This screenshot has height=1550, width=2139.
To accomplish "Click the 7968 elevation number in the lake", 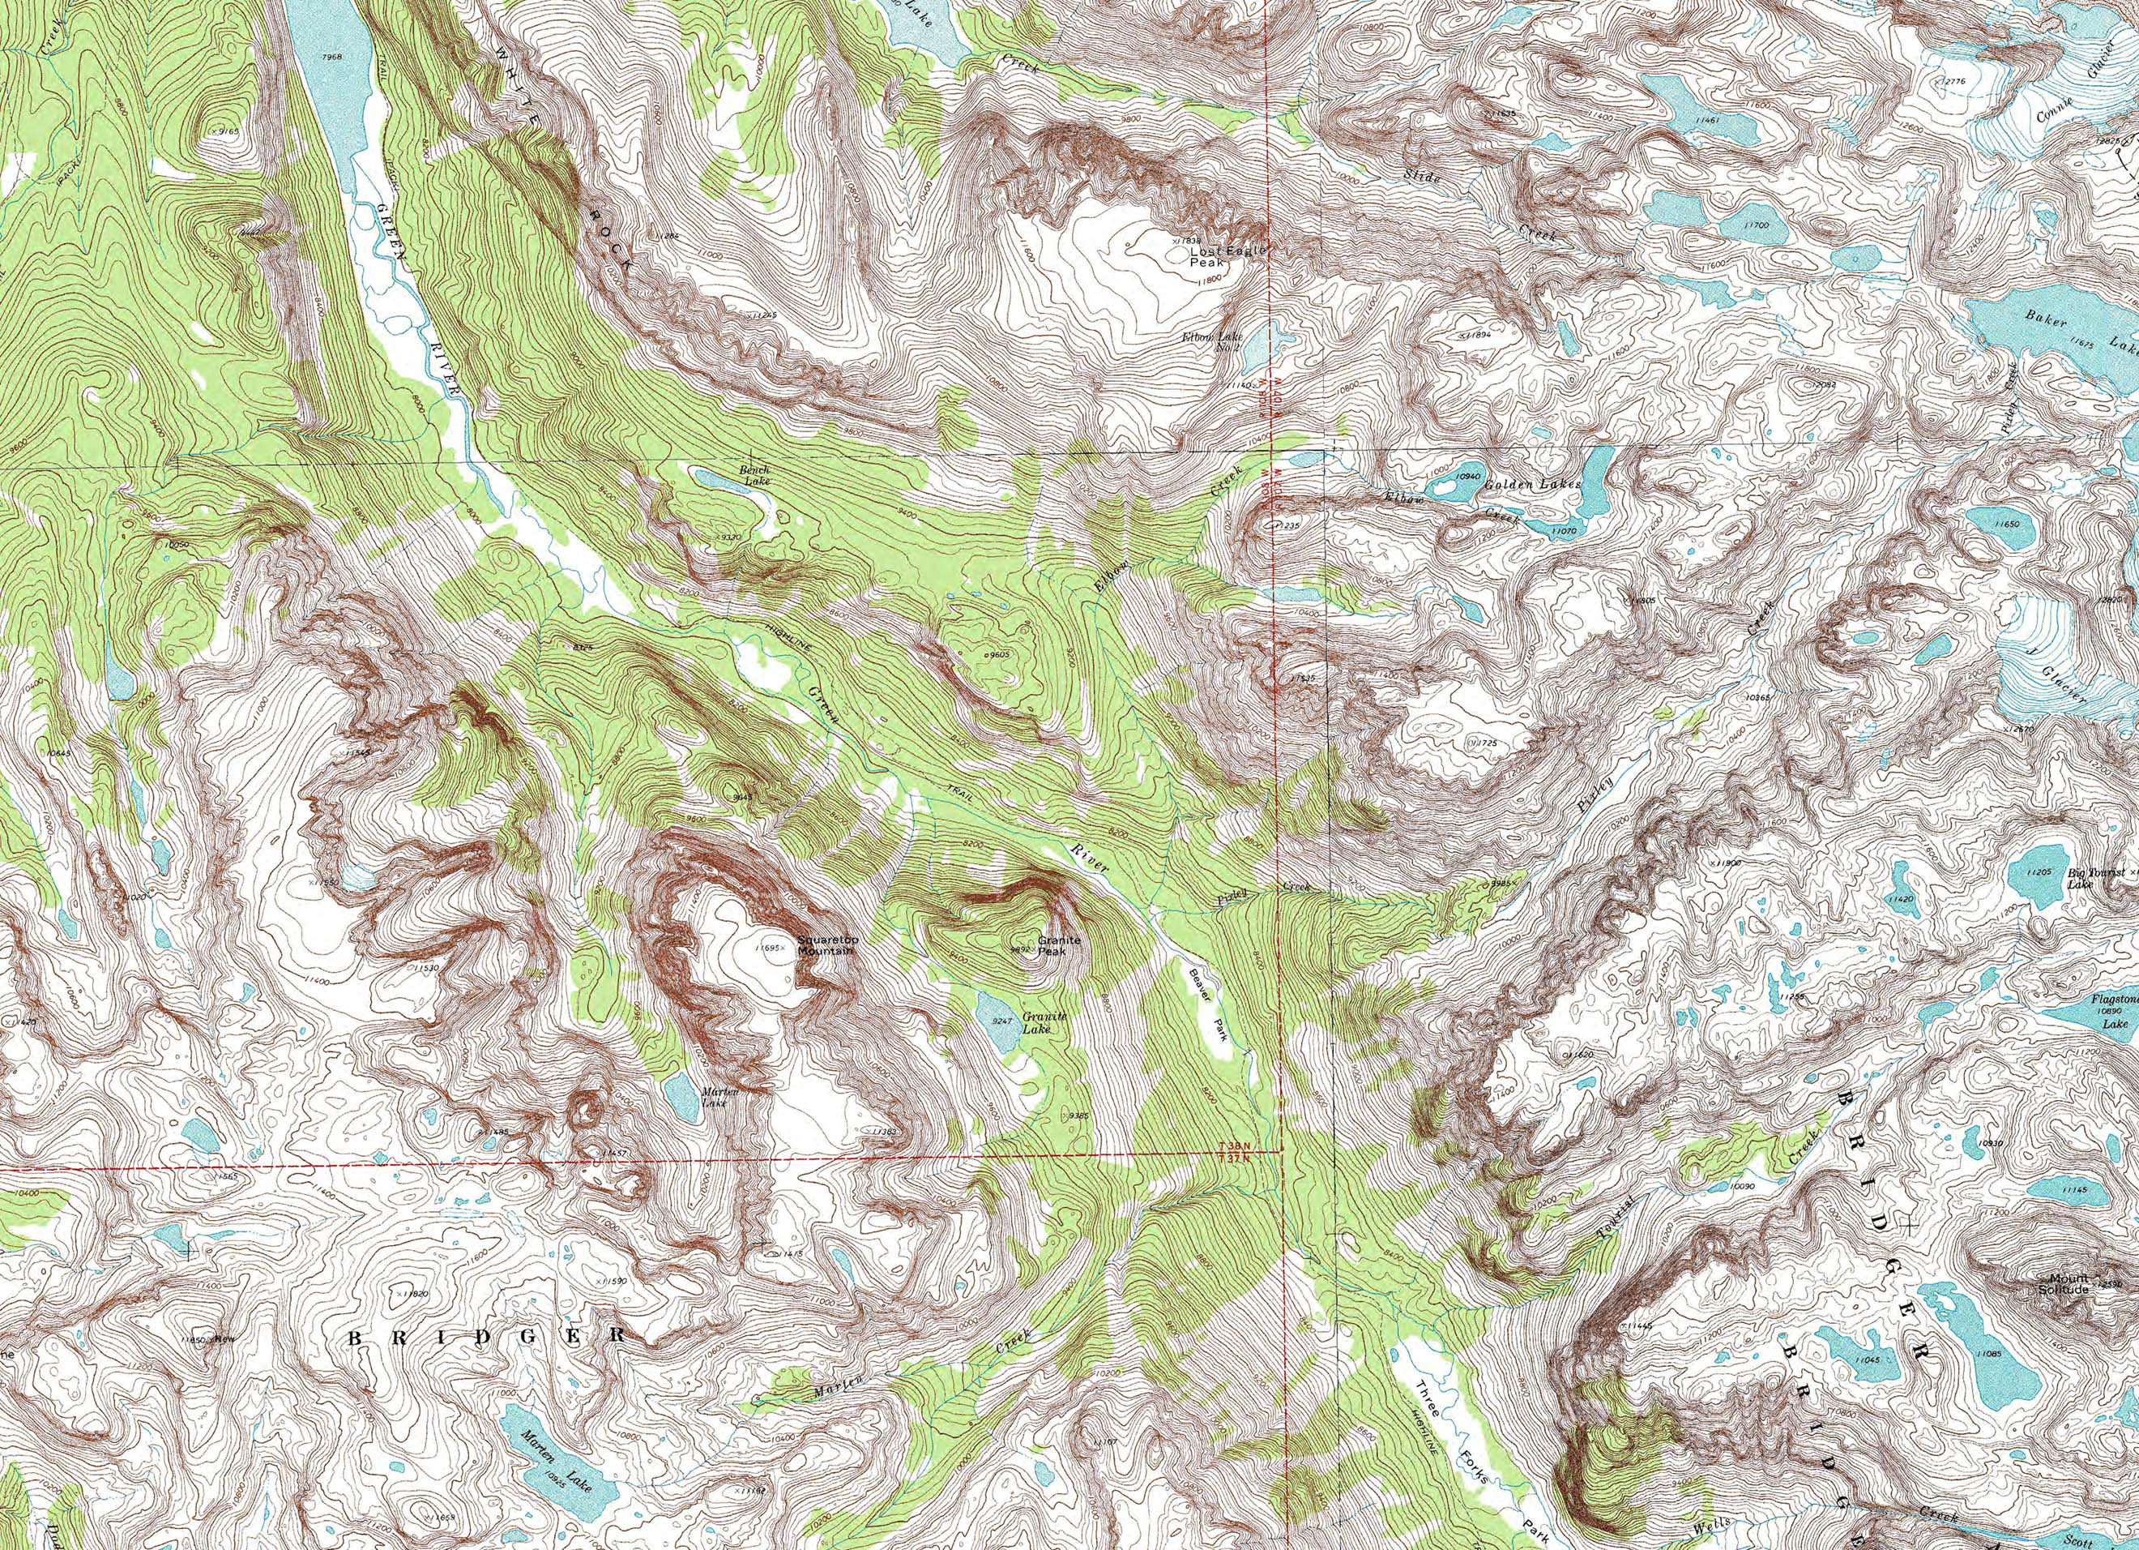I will click(332, 57).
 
